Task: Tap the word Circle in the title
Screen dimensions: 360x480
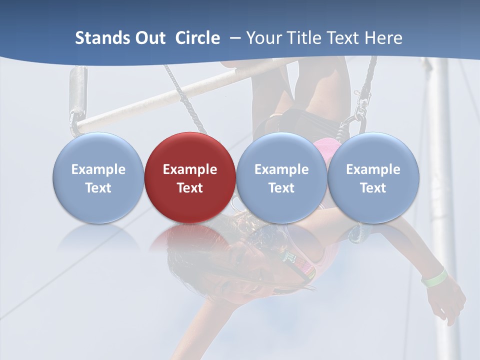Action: click(197, 38)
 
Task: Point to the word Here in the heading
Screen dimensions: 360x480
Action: click(383, 38)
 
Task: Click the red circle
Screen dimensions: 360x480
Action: click(190, 177)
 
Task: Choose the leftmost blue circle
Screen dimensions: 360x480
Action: click(98, 177)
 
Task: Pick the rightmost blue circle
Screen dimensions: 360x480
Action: click(373, 177)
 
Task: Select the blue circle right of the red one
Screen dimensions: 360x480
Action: click(281, 177)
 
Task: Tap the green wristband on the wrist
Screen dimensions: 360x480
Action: click(433, 278)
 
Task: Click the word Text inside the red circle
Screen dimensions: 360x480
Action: click(190, 188)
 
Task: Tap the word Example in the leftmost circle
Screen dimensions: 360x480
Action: click(98, 169)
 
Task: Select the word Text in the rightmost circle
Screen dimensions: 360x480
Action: click(373, 188)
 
